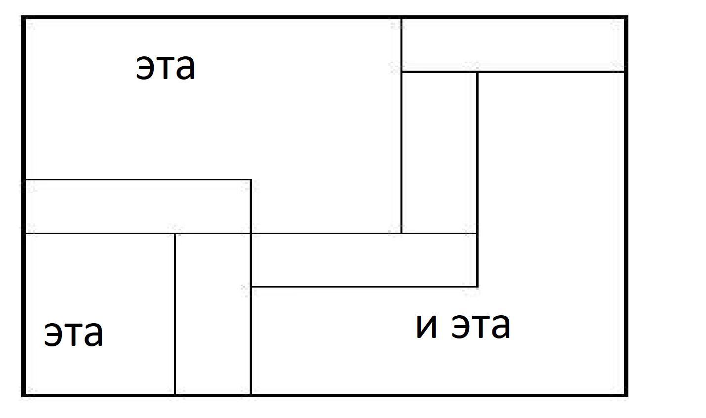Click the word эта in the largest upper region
pos(166,68)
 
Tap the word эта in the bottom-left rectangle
pos(74,334)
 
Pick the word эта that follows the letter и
pos(481,326)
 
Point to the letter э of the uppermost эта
pos(145,68)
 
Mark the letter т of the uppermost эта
pos(165,68)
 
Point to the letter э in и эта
pos(460,327)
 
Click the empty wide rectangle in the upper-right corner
pos(513,45)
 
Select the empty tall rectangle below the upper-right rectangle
pos(439,152)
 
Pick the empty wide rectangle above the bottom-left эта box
pos(138,207)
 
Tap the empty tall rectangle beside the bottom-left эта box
pos(213,314)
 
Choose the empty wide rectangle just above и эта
pos(364,260)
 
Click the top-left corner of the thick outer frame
pos(24,18)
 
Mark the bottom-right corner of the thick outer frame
pos(626,395)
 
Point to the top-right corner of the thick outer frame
pos(626,18)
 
